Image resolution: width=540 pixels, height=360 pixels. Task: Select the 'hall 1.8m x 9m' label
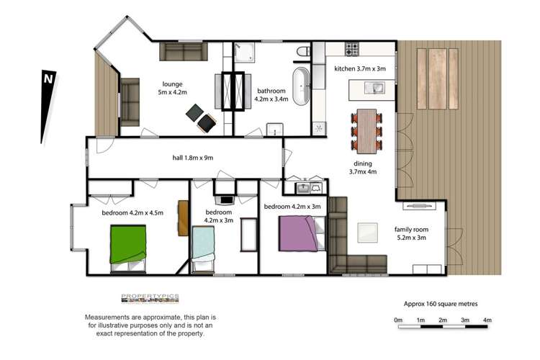pyautogui.click(x=176, y=158)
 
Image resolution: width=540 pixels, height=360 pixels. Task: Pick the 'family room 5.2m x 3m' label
pyautogui.click(x=410, y=234)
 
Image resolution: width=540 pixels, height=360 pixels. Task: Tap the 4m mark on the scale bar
pyautogui.click(x=487, y=320)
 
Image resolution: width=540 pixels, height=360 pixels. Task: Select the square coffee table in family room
pyautogui.click(x=368, y=233)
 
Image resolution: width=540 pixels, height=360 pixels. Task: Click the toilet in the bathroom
pyautogui.click(x=302, y=53)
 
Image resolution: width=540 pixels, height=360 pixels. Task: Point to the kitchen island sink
pyautogui.click(x=375, y=88)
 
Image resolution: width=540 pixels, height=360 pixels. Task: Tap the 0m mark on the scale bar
pyautogui.click(x=398, y=320)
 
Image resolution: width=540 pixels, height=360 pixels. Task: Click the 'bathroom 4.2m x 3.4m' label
pyautogui.click(x=273, y=96)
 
